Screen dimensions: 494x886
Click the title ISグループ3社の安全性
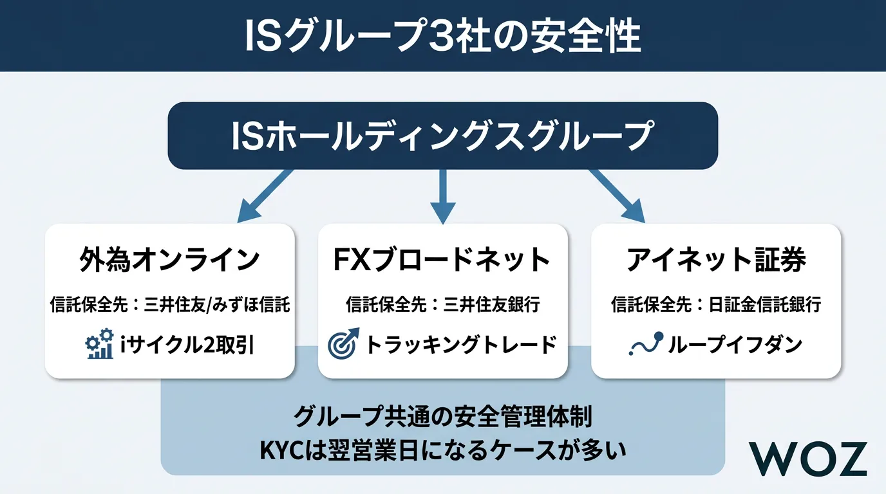click(x=443, y=37)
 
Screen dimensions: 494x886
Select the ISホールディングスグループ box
click(x=443, y=136)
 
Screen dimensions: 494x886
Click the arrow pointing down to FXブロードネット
click(x=443, y=196)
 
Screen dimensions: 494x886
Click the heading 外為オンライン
click(x=169, y=260)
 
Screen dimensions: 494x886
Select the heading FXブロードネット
click(x=442, y=260)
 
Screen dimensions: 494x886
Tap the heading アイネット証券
click(x=716, y=260)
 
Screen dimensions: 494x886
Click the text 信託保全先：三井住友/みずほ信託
click(x=170, y=305)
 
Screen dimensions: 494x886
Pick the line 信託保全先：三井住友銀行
click(x=442, y=305)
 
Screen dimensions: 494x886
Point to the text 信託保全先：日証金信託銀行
click(x=716, y=305)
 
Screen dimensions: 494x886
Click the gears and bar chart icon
click(x=99, y=345)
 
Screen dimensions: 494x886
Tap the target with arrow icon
click(x=343, y=345)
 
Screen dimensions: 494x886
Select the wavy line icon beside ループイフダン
click(x=645, y=345)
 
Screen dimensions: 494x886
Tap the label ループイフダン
click(x=735, y=345)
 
